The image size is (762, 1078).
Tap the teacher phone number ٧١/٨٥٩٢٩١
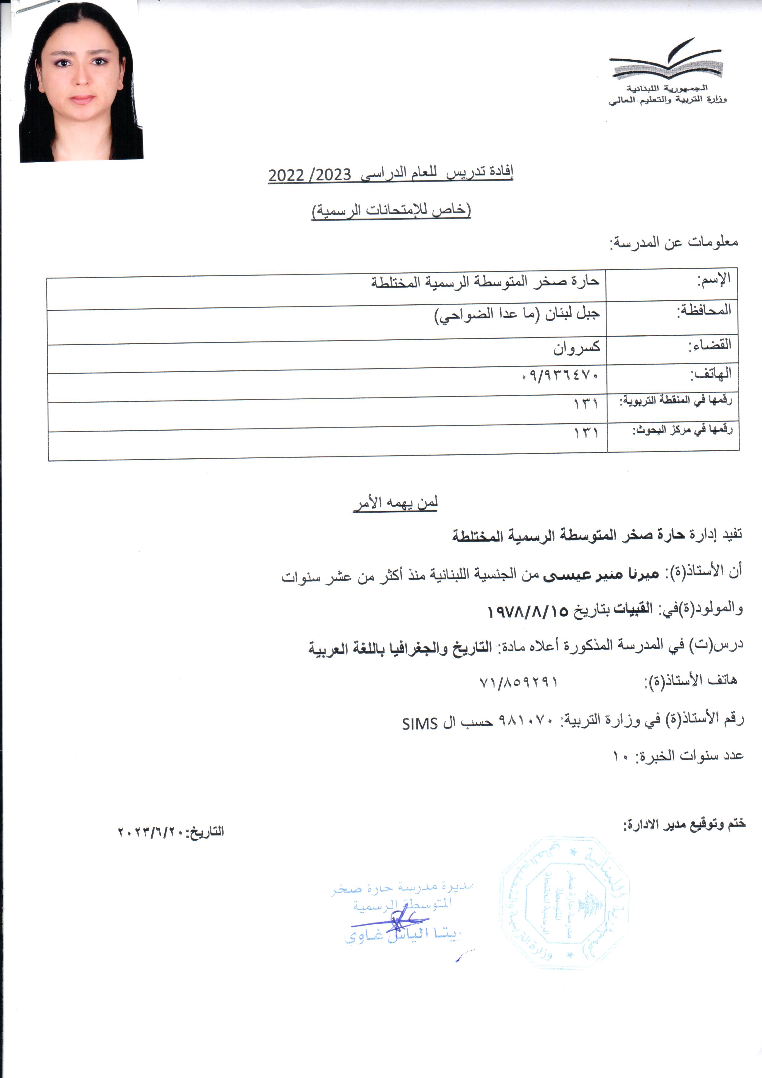[518, 682]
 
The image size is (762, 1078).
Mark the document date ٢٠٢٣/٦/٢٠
[151, 831]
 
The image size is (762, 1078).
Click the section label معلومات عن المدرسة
[674, 243]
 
